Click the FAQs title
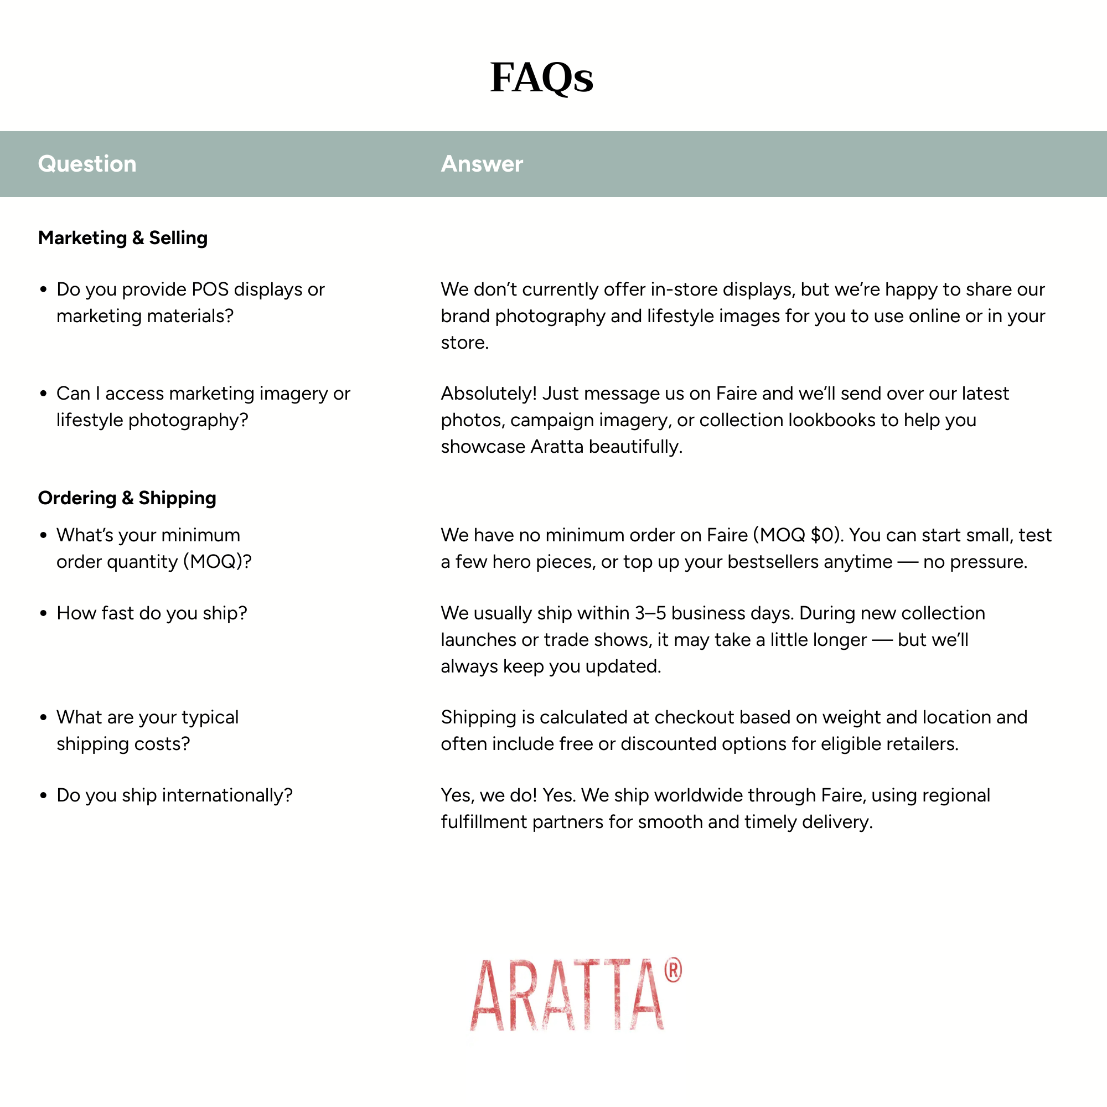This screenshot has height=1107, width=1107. (x=541, y=77)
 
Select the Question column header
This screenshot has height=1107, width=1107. (x=87, y=164)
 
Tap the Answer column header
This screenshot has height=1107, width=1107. (x=482, y=164)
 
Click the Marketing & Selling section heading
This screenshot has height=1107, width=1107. (x=123, y=238)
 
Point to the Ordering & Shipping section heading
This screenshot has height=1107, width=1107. (x=127, y=498)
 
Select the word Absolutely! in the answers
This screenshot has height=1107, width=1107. (x=489, y=394)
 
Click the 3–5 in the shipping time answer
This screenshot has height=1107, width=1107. (x=650, y=613)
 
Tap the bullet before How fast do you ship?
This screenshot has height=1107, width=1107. (x=44, y=614)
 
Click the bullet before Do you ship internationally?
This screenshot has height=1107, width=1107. (x=44, y=796)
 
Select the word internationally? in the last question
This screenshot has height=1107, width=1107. (x=227, y=795)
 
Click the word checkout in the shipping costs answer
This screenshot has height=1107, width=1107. (x=693, y=717)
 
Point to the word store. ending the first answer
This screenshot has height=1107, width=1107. (x=465, y=343)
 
